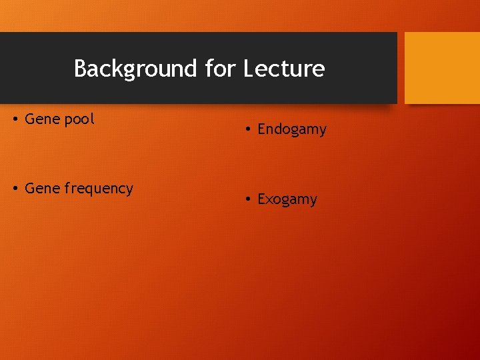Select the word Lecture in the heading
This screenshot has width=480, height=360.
pos(284,69)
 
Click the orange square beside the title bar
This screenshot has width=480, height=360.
pos(442,68)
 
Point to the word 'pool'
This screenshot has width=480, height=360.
pos(79,120)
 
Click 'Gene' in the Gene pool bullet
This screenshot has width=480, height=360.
pos(42,119)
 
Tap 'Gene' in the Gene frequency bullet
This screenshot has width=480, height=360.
pos(42,189)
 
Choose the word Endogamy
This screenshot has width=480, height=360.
pos(292,130)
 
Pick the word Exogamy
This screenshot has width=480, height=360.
pos(287,199)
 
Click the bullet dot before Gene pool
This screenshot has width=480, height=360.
pos(15,120)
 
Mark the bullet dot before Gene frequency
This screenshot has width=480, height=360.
pos(15,189)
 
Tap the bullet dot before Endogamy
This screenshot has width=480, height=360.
pos(247,130)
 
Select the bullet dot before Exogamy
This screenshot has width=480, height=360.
pos(247,199)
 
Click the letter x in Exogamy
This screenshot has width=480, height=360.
pos(269,199)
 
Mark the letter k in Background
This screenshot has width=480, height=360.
pos(118,69)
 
